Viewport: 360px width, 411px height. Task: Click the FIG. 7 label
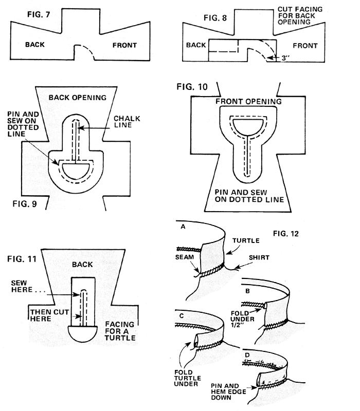39,14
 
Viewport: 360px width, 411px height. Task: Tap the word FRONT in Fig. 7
124,45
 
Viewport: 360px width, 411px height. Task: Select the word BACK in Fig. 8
196,45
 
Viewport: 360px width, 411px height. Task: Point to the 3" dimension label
285,58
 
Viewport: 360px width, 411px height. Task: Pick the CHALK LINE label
127,122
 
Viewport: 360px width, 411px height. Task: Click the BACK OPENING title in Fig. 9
78,98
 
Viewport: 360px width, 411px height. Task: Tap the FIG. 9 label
25,203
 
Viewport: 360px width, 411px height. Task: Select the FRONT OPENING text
248,101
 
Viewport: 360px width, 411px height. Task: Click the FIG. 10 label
192,87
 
